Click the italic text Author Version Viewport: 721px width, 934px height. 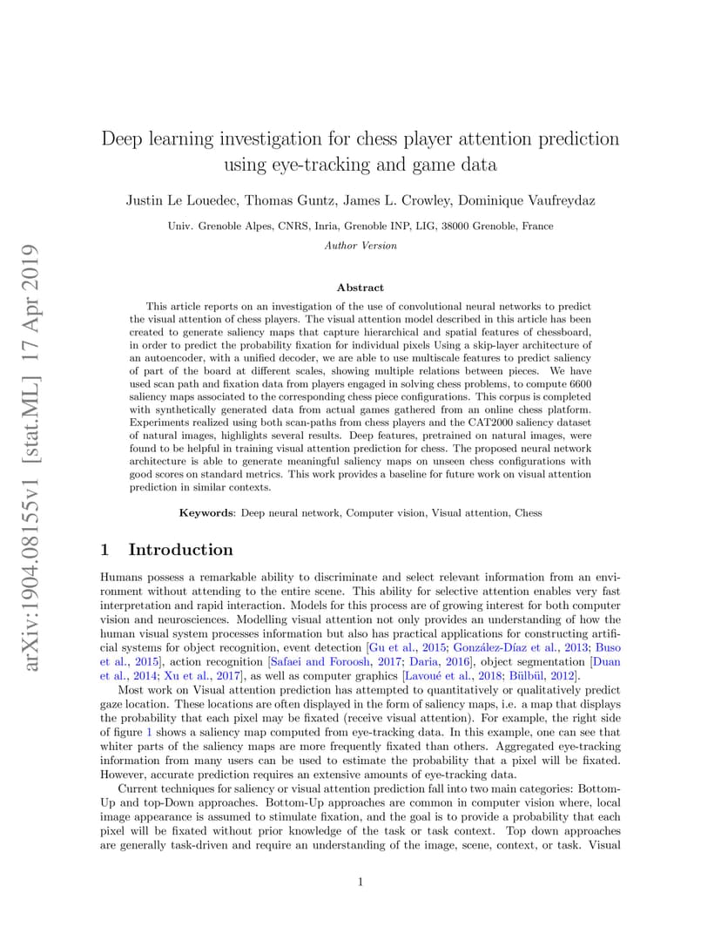[360, 246]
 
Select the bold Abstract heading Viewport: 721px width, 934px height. [360, 288]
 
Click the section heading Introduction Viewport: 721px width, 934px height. [180, 550]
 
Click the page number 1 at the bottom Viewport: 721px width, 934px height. [360, 882]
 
